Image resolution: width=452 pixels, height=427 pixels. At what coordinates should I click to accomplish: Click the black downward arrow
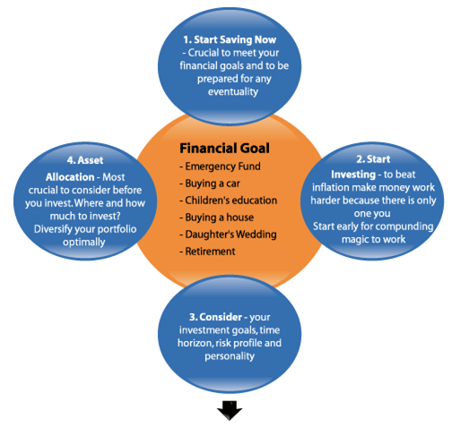(230, 410)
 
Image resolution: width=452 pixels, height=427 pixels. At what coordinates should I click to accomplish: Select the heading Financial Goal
(224, 149)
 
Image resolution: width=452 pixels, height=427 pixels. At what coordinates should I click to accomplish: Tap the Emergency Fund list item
(220, 167)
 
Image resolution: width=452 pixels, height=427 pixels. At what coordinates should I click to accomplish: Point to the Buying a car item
(210, 184)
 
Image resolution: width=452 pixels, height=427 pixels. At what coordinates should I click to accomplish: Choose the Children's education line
(228, 201)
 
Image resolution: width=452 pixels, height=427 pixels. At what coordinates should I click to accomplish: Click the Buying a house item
(216, 218)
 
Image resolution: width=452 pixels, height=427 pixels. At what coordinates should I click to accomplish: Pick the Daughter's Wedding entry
(228, 235)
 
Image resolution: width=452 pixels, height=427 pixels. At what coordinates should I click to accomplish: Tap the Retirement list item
(207, 252)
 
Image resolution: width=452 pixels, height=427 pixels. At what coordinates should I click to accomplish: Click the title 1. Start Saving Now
(230, 39)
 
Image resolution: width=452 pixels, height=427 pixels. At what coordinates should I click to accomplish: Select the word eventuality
(233, 91)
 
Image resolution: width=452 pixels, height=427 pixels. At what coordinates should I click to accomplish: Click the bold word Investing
(353, 175)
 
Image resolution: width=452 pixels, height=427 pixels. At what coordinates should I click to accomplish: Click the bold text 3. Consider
(215, 317)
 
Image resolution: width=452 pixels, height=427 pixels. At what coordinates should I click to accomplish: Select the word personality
(230, 356)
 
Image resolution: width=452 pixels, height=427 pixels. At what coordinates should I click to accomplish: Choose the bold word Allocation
(70, 177)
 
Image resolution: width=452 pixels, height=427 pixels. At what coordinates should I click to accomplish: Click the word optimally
(84, 243)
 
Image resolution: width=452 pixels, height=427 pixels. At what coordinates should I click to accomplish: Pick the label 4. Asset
(85, 160)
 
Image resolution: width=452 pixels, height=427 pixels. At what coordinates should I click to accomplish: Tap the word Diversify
(53, 229)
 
